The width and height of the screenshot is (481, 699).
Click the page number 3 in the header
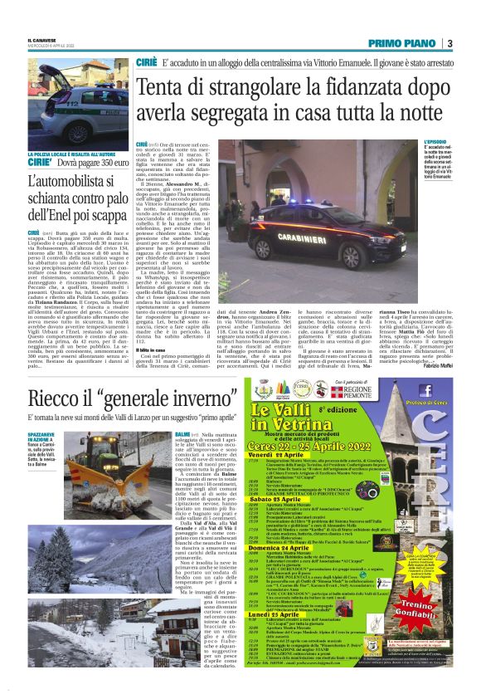click(x=449, y=43)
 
